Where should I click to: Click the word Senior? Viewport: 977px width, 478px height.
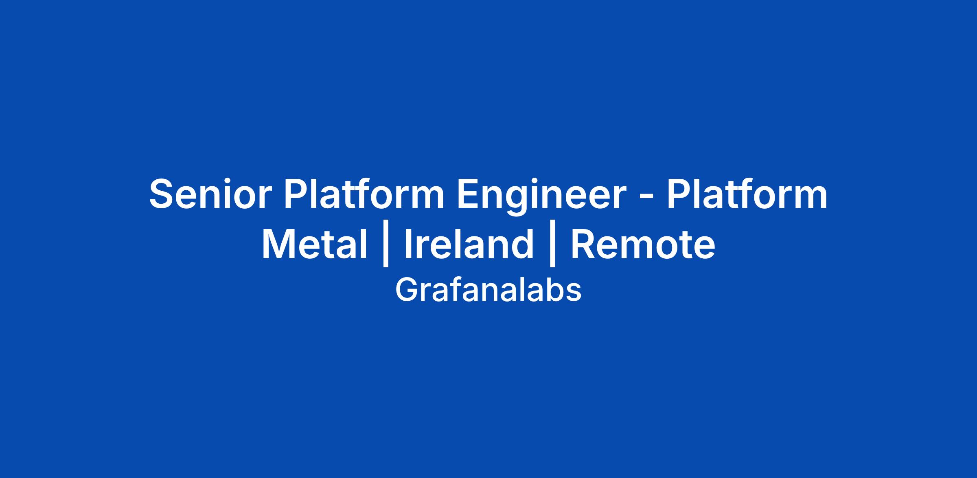coord(210,194)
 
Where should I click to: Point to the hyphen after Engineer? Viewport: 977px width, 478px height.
coord(646,198)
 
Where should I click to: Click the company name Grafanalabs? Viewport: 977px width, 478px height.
coord(488,290)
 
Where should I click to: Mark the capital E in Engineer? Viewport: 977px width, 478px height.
coord(469,194)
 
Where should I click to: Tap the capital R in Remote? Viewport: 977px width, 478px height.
coord(585,244)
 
